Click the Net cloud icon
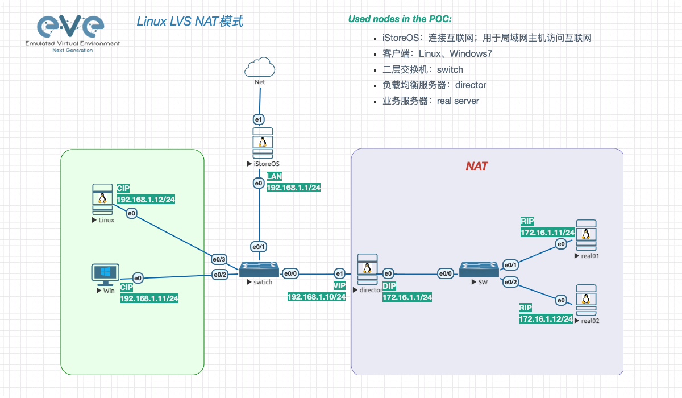click(260, 67)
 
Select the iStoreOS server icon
click(262, 143)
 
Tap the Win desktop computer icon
click(106, 275)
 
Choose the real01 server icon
click(585, 235)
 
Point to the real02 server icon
click(585, 301)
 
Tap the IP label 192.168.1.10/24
click(317, 297)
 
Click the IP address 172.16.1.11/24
click(547, 233)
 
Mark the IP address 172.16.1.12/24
click(546, 319)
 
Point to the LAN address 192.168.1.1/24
click(293, 187)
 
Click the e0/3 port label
click(219, 259)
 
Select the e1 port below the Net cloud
click(259, 119)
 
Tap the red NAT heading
click(477, 166)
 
